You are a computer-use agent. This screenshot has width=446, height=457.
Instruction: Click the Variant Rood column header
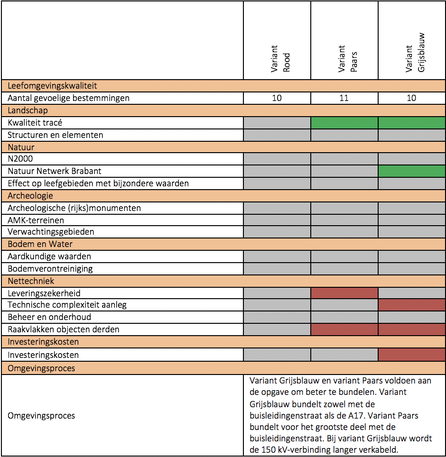pos(280,59)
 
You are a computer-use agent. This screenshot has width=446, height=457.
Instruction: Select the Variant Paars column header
pos(347,59)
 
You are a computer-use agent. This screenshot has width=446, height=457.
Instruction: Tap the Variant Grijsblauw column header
pos(415,53)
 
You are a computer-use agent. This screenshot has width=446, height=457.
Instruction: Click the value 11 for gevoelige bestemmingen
pos(344,98)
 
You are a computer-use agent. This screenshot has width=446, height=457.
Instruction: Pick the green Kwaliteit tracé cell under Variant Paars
pos(344,123)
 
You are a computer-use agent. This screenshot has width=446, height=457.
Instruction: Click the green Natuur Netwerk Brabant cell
pos(411,171)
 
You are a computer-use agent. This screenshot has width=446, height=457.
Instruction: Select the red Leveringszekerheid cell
pos(344,293)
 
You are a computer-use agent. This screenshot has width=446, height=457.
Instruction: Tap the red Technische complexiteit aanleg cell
pos(411,305)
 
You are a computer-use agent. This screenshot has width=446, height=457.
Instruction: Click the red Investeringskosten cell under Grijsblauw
pos(411,355)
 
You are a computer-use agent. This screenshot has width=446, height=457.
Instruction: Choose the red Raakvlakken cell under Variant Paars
pos(344,329)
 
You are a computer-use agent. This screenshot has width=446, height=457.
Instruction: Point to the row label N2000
pos(20,159)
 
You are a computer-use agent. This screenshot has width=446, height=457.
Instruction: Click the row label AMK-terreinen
pos(36,220)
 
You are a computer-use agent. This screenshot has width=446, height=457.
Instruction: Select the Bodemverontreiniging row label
pos(50,268)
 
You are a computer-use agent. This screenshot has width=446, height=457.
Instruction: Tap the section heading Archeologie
pos(30,196)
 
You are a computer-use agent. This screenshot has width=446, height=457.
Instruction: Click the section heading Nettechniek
pos(31,281)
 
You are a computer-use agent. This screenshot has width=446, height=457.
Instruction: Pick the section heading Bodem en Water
pos(40,244)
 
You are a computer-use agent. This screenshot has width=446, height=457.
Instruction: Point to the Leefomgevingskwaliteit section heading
pos(52,86)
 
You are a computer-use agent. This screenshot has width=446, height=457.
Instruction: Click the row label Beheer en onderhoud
pos(49,317)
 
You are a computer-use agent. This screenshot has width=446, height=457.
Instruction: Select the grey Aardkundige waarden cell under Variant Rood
pos(277,256)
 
